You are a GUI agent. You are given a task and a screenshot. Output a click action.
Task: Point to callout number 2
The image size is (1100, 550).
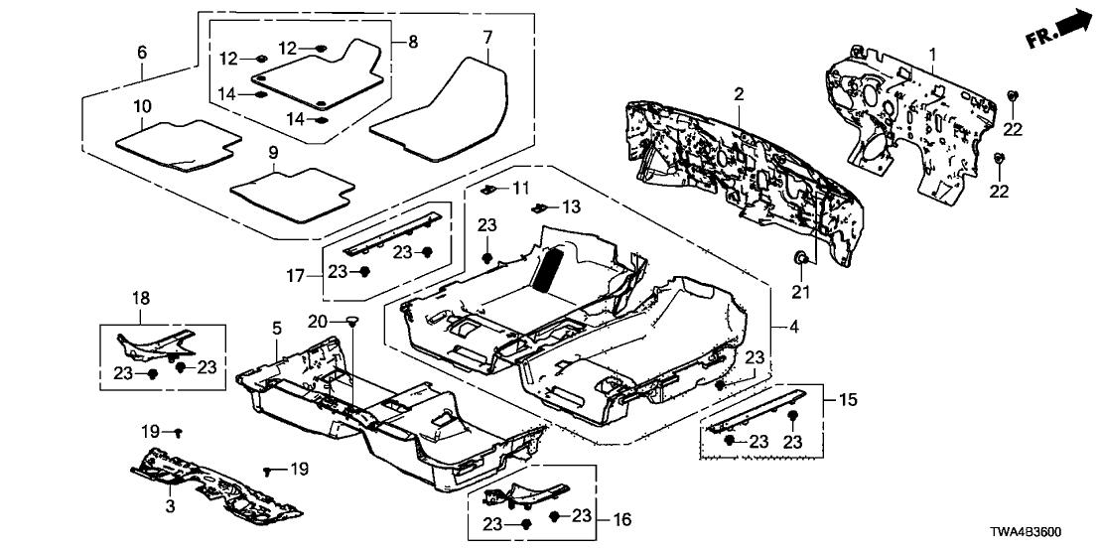click(739, 93)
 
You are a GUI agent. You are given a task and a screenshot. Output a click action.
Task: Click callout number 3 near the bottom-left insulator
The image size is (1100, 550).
click(170, 507)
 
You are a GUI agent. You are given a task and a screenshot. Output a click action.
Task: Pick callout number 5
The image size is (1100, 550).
click(277, 328)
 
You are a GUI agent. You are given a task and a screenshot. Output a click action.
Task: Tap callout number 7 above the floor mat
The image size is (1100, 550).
click(487, 38)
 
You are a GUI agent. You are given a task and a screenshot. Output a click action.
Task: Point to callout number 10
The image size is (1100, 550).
click(142, 106)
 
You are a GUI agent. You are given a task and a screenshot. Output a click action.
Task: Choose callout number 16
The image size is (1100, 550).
click(623, 519)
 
